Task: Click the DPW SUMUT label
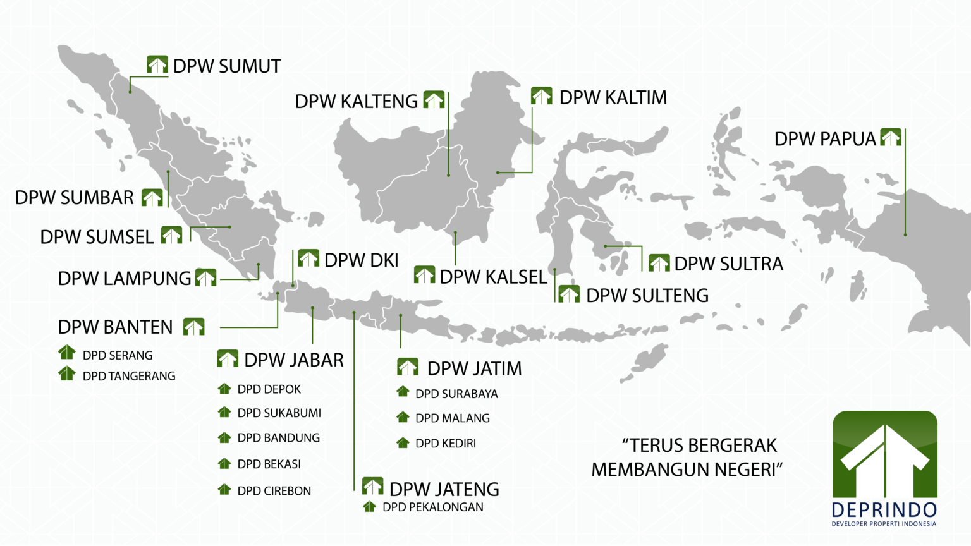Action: pyautogui.click(x=227, y=66)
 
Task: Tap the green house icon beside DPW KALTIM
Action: pyautogui.click(x=541, y=96)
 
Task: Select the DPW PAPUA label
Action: pyautogui.click(x=825, y=139)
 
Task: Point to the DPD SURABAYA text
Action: pyautogui.click(x=456, y=394)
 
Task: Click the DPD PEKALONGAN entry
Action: pyautogui.click(x=432, y=507)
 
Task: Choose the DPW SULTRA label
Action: pyautogui.click(x=728, y=264)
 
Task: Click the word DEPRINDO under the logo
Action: pyautogui.click(x=884, y=510)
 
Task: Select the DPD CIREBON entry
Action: pyautogui.click(x=274, y=491)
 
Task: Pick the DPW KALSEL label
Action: pyautogui.click(x=493, y=277)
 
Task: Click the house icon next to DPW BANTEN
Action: pyautogui.click(x=193, y=327)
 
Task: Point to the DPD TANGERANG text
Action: pyautogui.click(x=129, y=377)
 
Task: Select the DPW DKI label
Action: pyautogui.click(x=361, y=260)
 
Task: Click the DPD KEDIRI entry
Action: pyautogui.click(x=445, y=444)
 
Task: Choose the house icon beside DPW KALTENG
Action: pyautogui.click(x=434, y=100)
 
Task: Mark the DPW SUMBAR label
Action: pyautogui.click(x=75, y=198)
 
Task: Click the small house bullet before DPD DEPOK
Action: pyautogui.click(x=224, y=389)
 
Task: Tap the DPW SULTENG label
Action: pyautogui.click(x=647, y=296)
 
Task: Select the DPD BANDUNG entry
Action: pyautogui.click(x=278, y=438)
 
